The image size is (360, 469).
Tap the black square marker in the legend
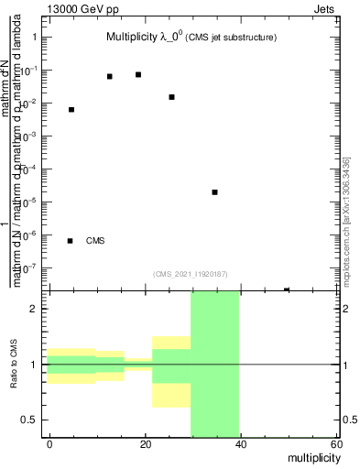click(x=71, y=241)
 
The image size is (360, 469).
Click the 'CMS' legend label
click(x=95, y=241)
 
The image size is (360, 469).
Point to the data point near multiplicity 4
click(x=71, y=110)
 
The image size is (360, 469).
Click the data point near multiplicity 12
click(x=110, y=76)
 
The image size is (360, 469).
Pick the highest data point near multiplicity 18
click(x=138, y=74)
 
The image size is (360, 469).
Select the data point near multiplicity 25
click(x=171, y=96)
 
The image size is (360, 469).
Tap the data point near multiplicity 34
click(x=214, y=192)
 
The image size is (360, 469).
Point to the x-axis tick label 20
click(x=145, y=444)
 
